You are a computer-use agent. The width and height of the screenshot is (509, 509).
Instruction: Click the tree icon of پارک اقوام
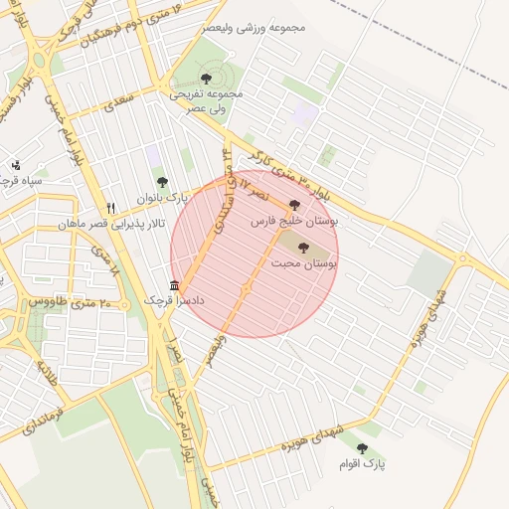coord(362,449)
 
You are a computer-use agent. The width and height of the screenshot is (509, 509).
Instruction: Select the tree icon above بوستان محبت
coord(303,248)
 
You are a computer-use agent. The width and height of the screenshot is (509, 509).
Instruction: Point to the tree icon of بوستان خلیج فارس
coord(293,204)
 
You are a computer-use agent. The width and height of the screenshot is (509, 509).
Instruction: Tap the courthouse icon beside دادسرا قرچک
coord(175,286)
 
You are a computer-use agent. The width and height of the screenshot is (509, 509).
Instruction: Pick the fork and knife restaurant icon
coord(111,209)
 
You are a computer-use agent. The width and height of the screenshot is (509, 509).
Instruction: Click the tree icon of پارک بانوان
coord(162,182)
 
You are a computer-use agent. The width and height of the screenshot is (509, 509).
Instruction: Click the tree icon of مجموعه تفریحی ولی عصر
coord(206,77)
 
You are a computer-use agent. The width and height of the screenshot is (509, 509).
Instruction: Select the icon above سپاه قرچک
coord(15,166)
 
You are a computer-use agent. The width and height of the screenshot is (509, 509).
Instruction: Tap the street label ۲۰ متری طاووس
coord(59,301)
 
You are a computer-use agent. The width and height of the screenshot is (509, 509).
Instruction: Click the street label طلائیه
coord(44,375)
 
